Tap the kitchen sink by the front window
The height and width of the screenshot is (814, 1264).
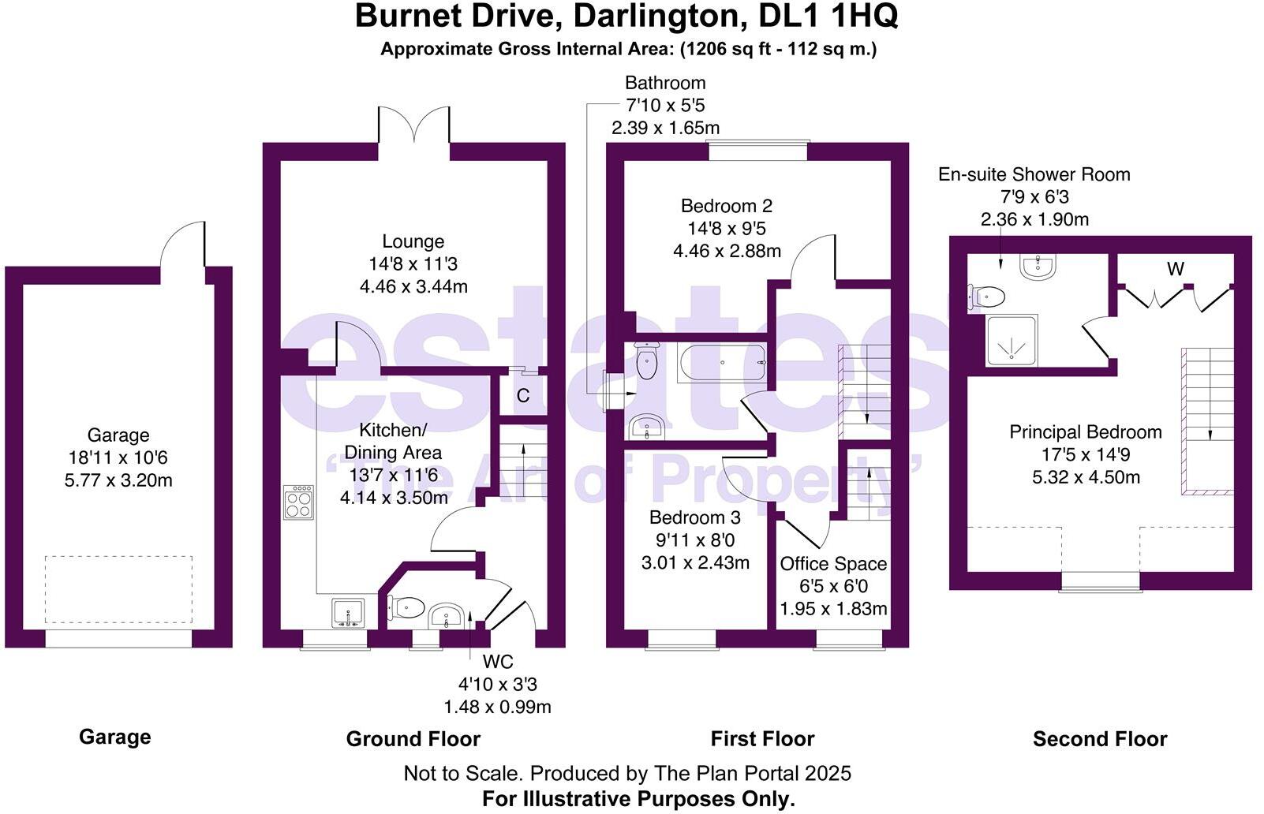pos(348,613)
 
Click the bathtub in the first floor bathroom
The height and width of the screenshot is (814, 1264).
pos(721,363)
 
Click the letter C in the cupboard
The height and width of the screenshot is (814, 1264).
pos(523,396)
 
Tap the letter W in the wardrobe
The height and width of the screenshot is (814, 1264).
pos(1175,270)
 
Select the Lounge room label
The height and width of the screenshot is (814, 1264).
pos(413,241)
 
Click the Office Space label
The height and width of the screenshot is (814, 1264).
pos(833,564)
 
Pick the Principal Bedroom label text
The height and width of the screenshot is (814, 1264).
pos(1086,432)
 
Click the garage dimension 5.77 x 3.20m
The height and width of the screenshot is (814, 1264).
pos(118,480)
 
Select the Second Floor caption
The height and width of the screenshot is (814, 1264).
pos(1100,739)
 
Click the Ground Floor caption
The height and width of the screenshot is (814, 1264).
pos(413,739)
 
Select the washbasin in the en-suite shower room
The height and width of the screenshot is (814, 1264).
pos(1038,267)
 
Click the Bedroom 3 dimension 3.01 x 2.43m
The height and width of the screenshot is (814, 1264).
pos(694,563)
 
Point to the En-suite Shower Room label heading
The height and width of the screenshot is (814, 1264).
pos(1034,174)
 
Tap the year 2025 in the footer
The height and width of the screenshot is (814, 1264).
pos(828,773)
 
